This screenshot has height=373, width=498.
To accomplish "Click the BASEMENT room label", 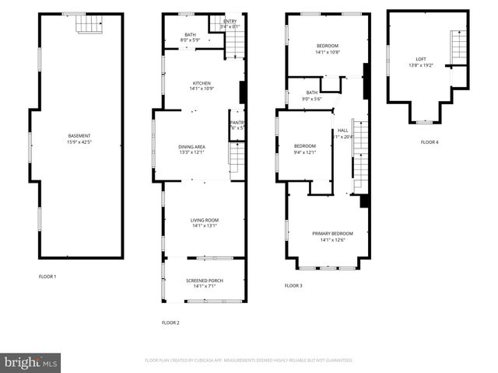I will [79, 136].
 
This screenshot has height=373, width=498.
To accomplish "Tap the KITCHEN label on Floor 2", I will [202, 83].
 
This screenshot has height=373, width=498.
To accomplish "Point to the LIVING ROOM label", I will [205, 220].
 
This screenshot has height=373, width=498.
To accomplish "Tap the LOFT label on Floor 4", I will [421, 59].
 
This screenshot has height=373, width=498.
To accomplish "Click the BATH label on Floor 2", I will [190, 34].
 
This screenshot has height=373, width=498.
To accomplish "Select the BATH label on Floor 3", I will [311, 92].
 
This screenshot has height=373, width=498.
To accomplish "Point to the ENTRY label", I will [230, 21].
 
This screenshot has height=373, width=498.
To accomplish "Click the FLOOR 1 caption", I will [47, 276].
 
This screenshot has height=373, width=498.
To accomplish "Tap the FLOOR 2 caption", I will [170, 322].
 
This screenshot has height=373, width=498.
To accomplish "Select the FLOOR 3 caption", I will [293, 286].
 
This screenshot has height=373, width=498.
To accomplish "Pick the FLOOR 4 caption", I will [430, 142].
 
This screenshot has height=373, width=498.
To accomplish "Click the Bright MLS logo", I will [31, 361].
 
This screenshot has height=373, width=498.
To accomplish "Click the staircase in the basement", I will [89, 24].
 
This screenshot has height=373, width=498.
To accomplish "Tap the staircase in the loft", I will [459, 48].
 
